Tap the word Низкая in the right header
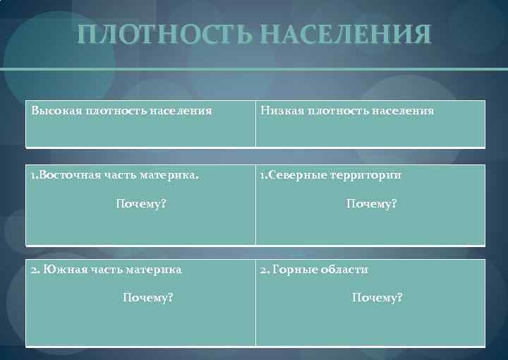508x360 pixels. click(x=281, y=111)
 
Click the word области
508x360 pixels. click(x=344, y=270)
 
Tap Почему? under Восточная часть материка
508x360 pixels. click(x=141, y=204)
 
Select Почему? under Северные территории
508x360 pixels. click(x=371, y=204)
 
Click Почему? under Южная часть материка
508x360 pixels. click(x=148, y=298)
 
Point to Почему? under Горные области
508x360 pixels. click(x=377, y=298)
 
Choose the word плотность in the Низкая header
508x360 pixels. click(x=337, y=111)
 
